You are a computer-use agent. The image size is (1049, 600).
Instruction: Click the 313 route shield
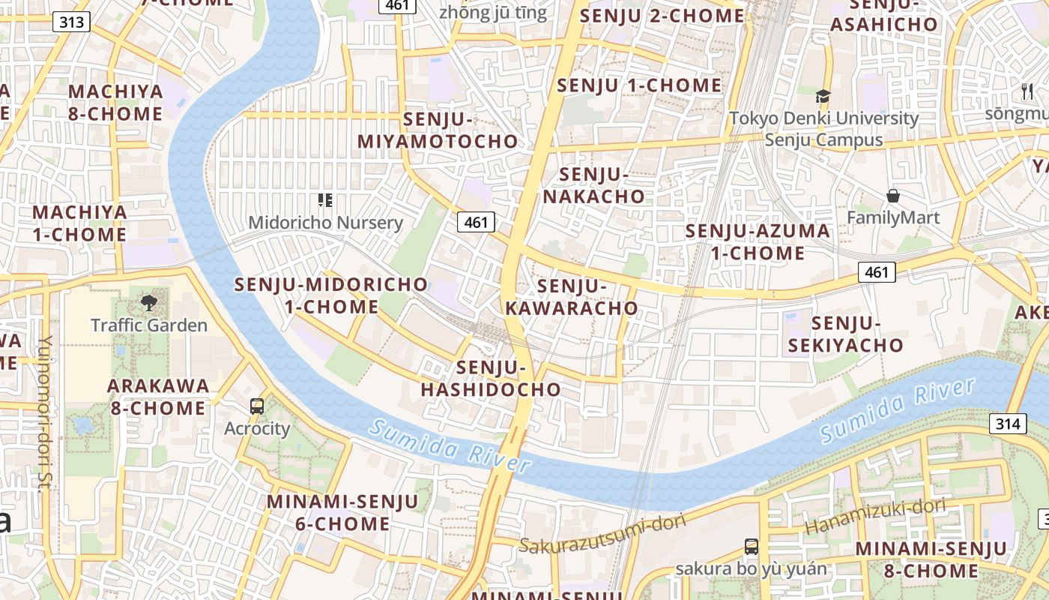(72, 22)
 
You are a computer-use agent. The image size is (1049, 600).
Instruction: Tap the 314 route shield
(1008, 424)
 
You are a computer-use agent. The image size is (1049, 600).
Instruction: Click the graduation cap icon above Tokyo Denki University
(823, 96)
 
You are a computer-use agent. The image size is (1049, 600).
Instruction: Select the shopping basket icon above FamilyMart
(893, 196)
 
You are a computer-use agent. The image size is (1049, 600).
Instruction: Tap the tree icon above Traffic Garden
(148, 303)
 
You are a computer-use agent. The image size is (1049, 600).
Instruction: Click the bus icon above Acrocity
(257, 406)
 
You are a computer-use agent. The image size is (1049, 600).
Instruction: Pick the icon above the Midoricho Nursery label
(324, 200)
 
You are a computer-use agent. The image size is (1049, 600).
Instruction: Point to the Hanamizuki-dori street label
(874, 517)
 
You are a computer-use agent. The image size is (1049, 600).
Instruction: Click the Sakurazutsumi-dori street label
(592, 536)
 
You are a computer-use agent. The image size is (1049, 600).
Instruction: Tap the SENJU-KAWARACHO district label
(572, 297)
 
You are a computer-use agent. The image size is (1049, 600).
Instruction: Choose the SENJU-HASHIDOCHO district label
(491, 379)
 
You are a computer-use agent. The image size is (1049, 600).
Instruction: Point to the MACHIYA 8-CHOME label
(115, 103)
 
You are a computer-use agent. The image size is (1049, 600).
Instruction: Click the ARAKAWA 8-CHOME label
(157, 397)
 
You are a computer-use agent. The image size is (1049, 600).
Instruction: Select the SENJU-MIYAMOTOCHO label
(438, 130)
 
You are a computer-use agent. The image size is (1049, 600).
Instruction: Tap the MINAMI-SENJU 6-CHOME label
(342, 512)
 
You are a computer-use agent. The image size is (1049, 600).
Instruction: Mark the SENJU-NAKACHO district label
(593, 186)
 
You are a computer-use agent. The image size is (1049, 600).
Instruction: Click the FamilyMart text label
(893, 218)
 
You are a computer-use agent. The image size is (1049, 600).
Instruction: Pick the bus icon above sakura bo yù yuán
(752, 547)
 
